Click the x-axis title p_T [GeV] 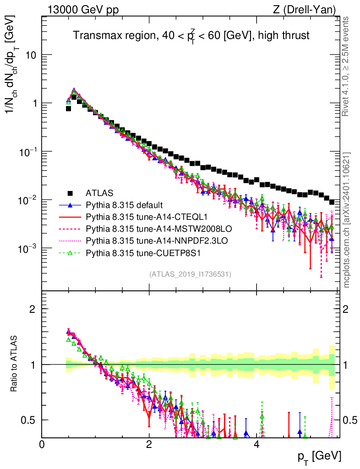318,457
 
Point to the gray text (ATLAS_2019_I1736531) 190,274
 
